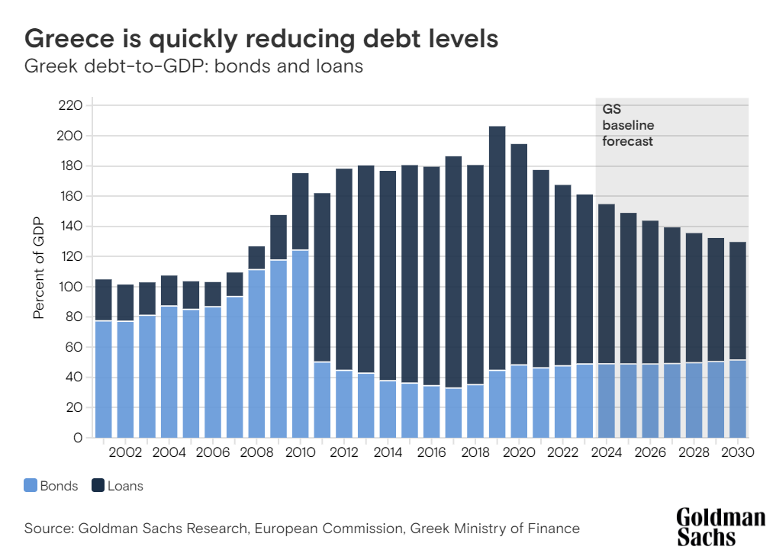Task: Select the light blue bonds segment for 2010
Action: point(300,343)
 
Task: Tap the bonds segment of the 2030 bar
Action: point(737,398)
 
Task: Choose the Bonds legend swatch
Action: point(31,485)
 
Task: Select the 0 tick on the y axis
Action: point(77,438)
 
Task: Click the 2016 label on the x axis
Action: point(431,452)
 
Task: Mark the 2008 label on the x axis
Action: point(256,452)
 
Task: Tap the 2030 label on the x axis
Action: point(737,452)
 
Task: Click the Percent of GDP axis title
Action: point(38,268)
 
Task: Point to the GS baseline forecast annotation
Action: point(628,125)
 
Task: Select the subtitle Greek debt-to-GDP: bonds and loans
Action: point(193,66)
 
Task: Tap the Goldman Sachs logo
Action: point(720,526)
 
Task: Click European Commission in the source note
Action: point(329,528)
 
